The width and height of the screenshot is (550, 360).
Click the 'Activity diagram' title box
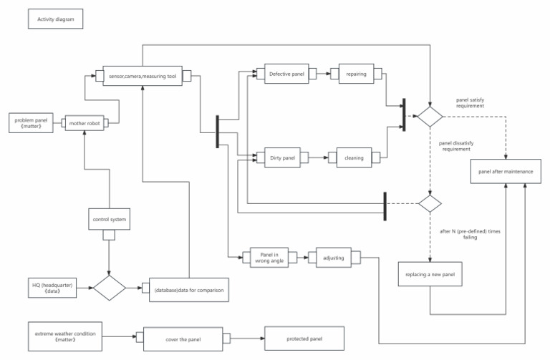[x=56, y=19]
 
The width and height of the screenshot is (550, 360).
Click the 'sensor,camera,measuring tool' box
[x=143, y=76]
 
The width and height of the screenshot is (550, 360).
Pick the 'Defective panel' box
[x=287, y=74]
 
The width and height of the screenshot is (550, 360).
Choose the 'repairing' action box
[x=356, y=74]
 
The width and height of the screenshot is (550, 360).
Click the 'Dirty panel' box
[x=282, y=157]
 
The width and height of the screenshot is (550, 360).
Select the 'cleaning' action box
[x=354, y=157]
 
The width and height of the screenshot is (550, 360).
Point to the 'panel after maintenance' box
[x=506, y=172]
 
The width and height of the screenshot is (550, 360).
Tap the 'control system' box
[x=110, y=219]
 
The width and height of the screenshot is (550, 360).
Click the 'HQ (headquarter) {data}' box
[x=52, y=288]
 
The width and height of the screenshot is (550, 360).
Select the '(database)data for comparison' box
[x=188, y=289]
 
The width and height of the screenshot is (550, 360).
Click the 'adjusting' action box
[x=334, y=258]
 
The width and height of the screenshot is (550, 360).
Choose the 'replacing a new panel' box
[x=430, y=274]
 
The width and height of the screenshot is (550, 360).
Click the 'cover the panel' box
[x=185, y=338]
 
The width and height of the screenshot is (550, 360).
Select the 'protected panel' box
[x=304, y=338]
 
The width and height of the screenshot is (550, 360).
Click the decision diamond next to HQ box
[x=110, y=288]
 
